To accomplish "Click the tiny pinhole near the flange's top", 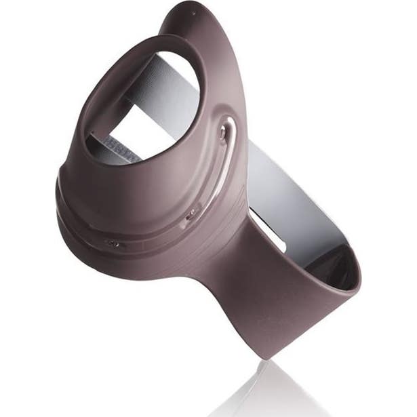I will [193, 14].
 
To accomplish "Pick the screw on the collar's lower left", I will [112, 242].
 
